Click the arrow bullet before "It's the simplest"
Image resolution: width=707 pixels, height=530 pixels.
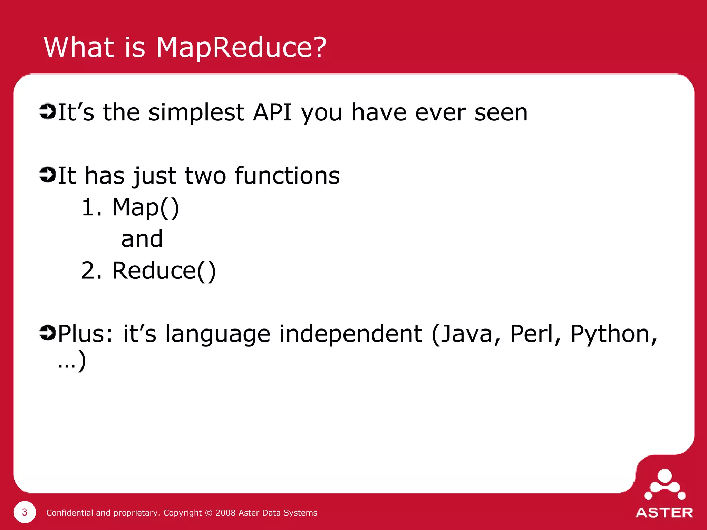(x=47, y=111)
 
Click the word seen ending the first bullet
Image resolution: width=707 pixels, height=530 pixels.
(x=501, y=113)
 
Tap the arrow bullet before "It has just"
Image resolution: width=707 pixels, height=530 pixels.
(x=47, y=174)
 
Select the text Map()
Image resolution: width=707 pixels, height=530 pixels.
(x=146, y=208)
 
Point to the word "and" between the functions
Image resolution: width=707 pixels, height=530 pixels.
(x=142, y=239)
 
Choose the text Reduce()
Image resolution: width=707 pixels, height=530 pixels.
(x=164, y=271)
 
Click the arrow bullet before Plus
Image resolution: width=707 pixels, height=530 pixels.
(x=47, y=333)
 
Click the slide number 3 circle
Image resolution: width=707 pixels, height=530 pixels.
(x=25, y=512)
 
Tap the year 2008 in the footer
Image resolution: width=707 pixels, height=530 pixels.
(x=226, y=513)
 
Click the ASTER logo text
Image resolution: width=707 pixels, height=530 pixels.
(x=664, y=513)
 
